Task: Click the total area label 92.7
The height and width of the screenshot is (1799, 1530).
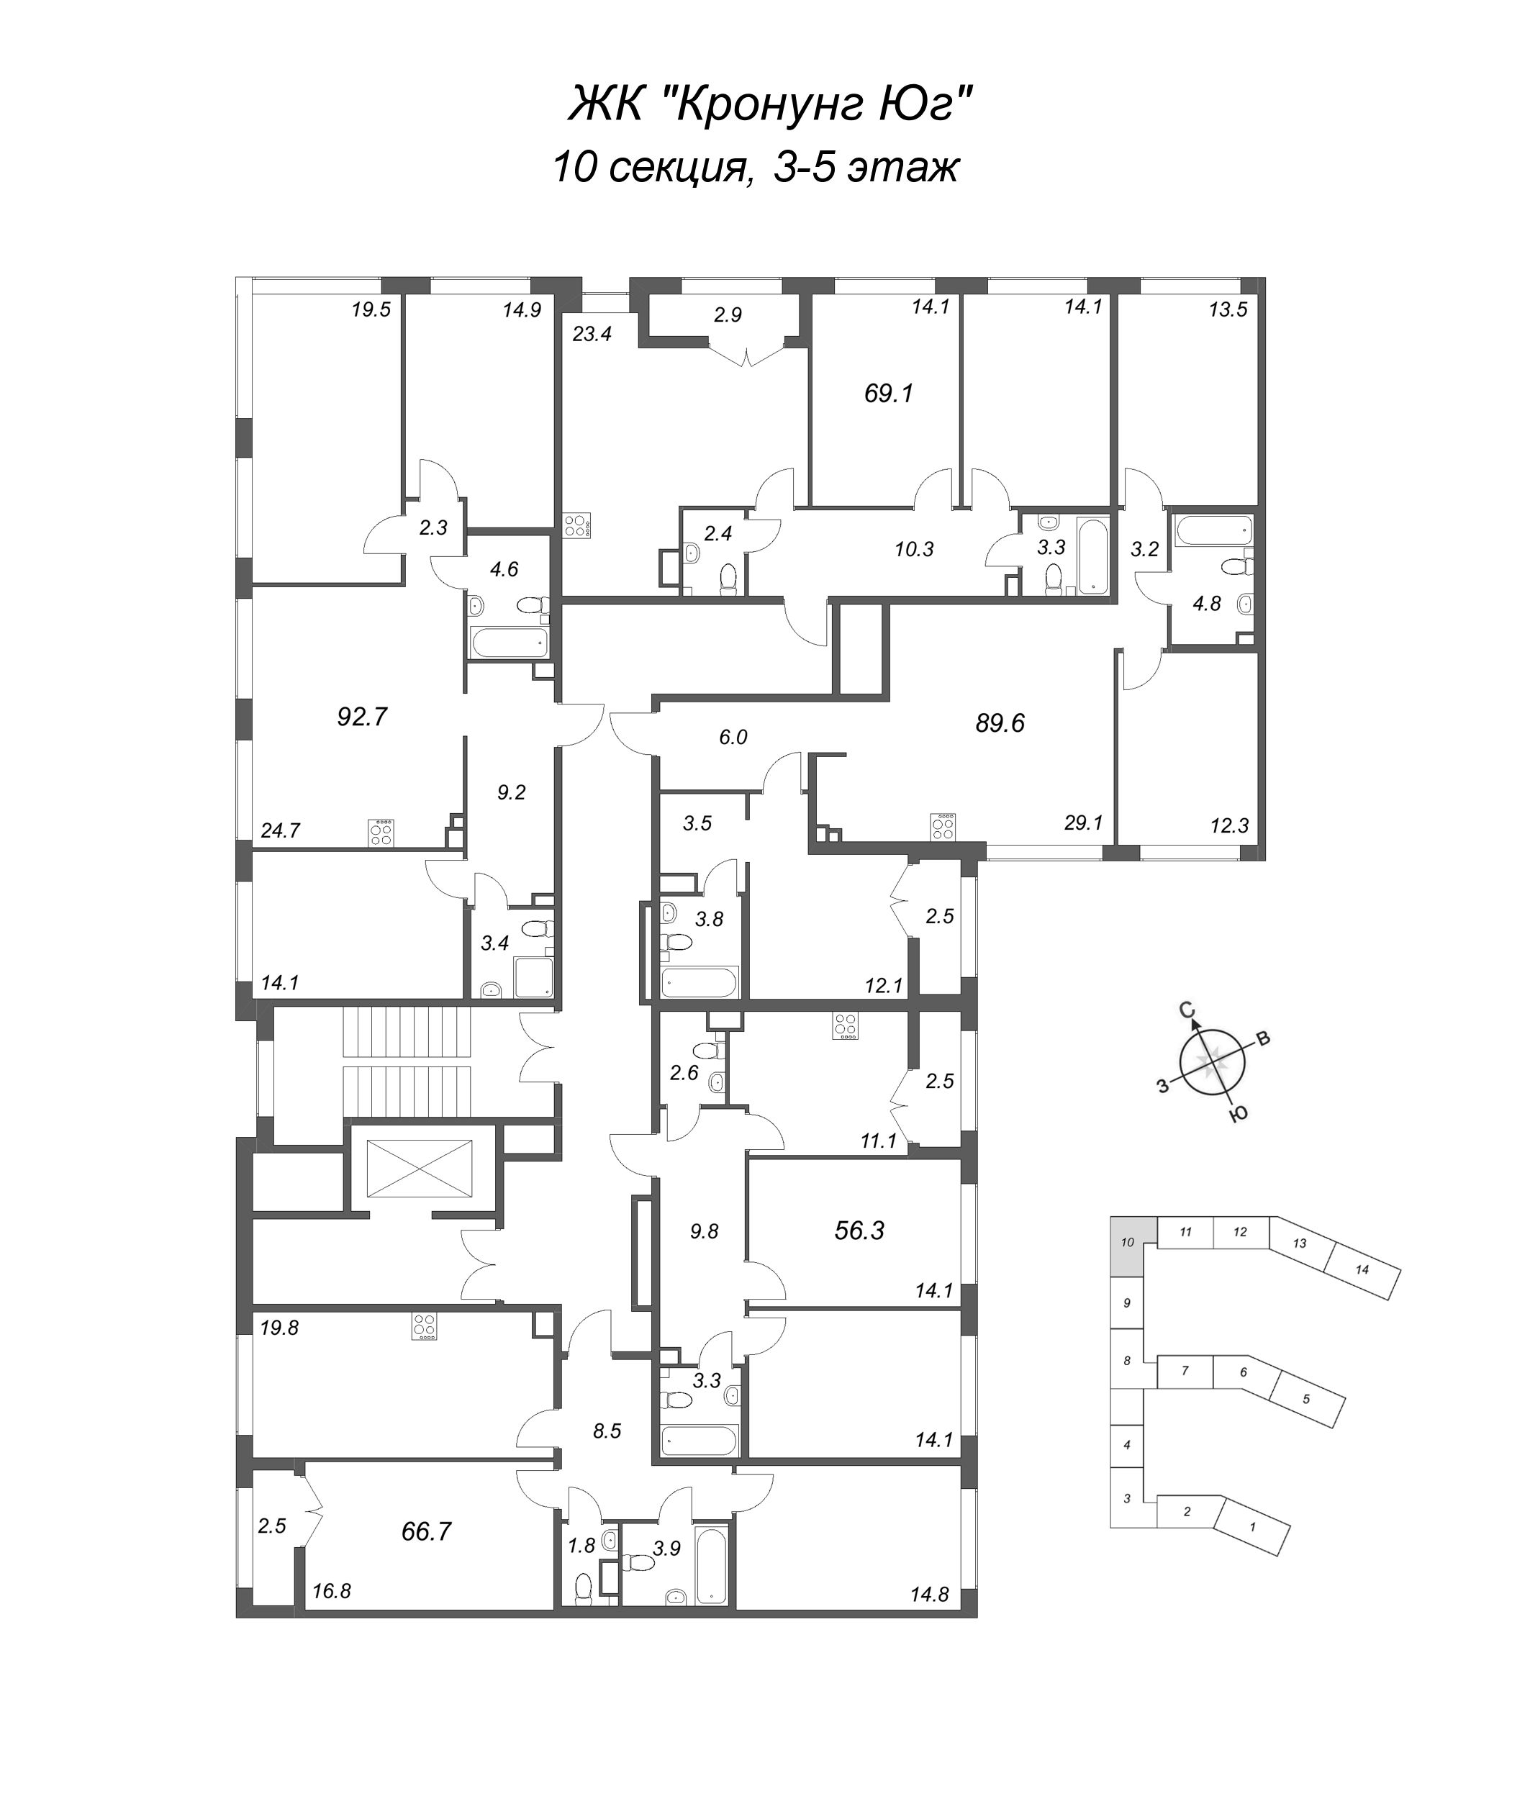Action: pyautogui.click(x=362, y=717)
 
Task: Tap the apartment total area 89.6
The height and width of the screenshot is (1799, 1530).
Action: pyautogui.click(x=1000, y=722)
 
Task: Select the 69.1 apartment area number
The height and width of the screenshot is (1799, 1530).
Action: pyautogui.click(x=889, y=394)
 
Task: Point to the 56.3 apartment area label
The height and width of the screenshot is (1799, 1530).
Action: pyautogui.click(x=859, y=1230)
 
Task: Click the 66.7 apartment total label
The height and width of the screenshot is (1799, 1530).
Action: pyautogui.click(x=427, y=1532)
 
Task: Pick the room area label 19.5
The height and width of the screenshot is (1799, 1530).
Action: pyautogui.click(x=371, y=309)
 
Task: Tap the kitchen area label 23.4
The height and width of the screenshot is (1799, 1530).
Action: pyautogui.click(x=592, y=333)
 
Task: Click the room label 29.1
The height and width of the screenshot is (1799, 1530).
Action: pyautogui.click(x=1083, y=823)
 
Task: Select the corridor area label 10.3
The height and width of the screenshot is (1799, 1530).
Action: pyautogui.click(x=914, y=549)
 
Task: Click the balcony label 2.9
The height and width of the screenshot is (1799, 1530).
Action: pyautogui.click(x=728, y=315)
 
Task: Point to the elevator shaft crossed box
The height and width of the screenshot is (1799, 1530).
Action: pyautogui.click(x=422, y=1169)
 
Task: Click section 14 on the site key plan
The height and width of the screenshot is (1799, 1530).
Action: pyautogui.click(x=1362, y=1270)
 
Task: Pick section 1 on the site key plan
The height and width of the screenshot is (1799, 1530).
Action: pyautogui.click(x=1251, y=1525)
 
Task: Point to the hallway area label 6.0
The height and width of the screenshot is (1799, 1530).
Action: pyautogui.click(x=733, y=738)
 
